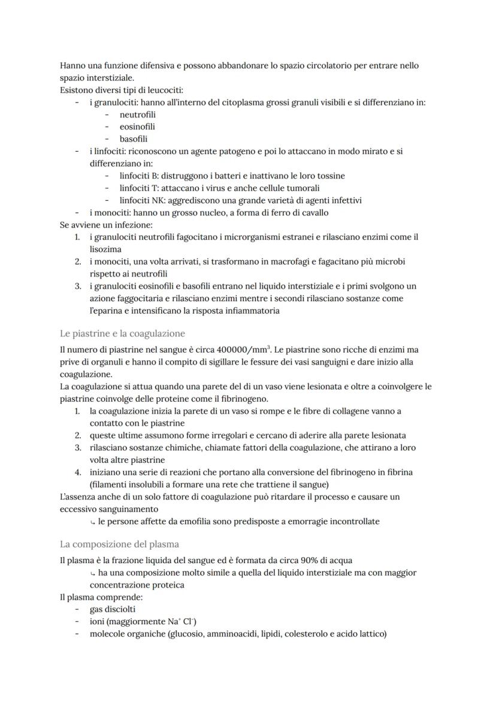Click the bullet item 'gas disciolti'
[x=113, y=609]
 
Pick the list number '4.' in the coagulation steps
[x=78, y=472]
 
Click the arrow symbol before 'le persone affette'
[x=92, y=522]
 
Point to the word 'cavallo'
[x=314, y=212]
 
